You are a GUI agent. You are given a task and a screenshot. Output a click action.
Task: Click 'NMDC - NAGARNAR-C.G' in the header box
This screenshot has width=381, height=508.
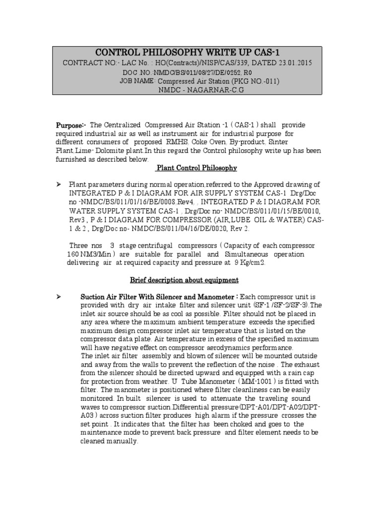(x=188, y=90)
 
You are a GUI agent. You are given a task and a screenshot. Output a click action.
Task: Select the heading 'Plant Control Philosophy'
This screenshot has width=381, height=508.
(x=196, y=168)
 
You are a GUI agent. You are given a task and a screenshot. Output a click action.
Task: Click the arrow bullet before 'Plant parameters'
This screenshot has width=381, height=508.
(x=59, y=185)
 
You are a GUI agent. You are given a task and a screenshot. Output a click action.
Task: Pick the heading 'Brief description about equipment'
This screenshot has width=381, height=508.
(x=184, y=280)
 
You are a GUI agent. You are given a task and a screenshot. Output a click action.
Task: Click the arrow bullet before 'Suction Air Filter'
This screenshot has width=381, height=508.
(x=59, y=297)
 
